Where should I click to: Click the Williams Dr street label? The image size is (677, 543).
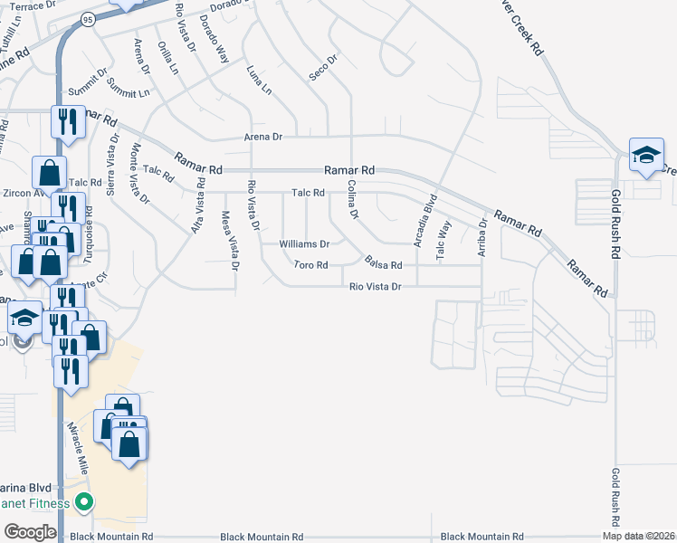click(x=304, y=244)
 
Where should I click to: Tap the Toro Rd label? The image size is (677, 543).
click(x=310, y=265)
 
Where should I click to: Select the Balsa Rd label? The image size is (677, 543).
click(x=383, y=262)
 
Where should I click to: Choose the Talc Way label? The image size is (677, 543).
click(x=443, y=241)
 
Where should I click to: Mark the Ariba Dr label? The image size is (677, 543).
click(x=482, y=235)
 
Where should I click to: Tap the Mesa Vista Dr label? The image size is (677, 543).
click(x=230, y=241)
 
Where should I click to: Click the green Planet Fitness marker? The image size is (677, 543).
click(x=84, y=501)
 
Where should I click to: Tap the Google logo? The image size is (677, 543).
click(x=30, y=532)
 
